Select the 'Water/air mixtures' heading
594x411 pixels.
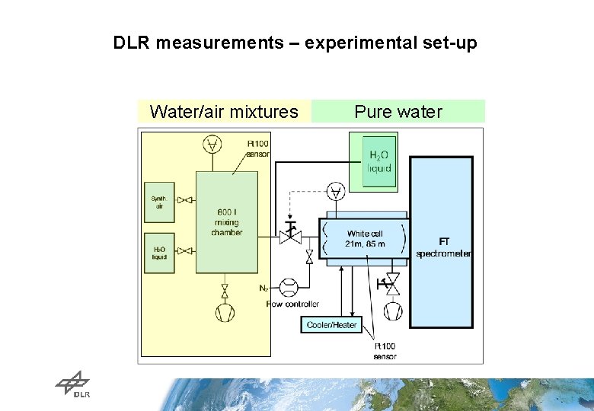click(224, 112)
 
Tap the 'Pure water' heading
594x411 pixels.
click(398, 112)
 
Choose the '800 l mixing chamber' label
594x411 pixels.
click(227, 222)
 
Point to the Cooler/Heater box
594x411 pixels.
click(331, 325)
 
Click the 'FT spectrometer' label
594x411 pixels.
click(443, 247)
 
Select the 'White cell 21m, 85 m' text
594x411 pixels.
click(366, 238)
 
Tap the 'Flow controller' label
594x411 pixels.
click(293, 304)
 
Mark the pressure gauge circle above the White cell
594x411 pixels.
click(334, 191)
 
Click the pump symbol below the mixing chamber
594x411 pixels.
click(225, 313)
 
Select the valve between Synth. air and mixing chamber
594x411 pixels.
click(184, 200)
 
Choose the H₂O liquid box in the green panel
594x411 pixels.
click(378, 161)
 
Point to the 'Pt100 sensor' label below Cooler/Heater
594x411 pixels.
click(384, 351)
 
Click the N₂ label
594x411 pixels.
click(263, 288)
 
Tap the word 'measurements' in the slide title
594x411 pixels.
click(219, 43)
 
